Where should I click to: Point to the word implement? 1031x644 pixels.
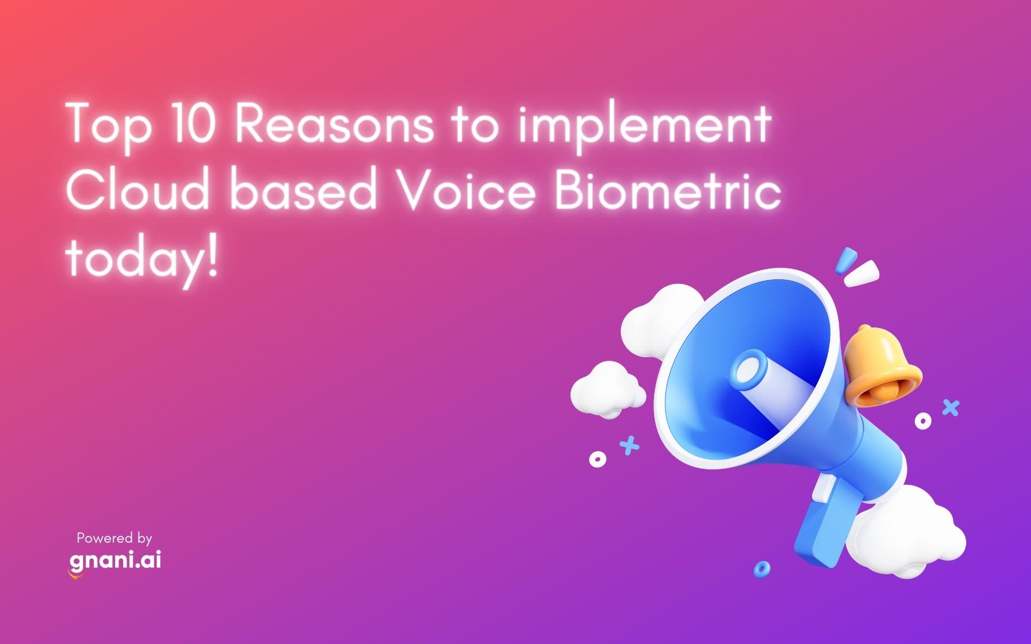pyautogui.click(x=644, y=125)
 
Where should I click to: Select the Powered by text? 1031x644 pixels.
pyautogui.click(x=115, y=538)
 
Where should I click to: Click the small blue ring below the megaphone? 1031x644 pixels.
pyautogui.click(x=761, y=568)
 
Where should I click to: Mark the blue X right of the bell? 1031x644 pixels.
pyautogui.click(x=950, y=408)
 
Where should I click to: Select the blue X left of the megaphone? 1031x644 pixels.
pyautogui.click(x=629, y=445)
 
